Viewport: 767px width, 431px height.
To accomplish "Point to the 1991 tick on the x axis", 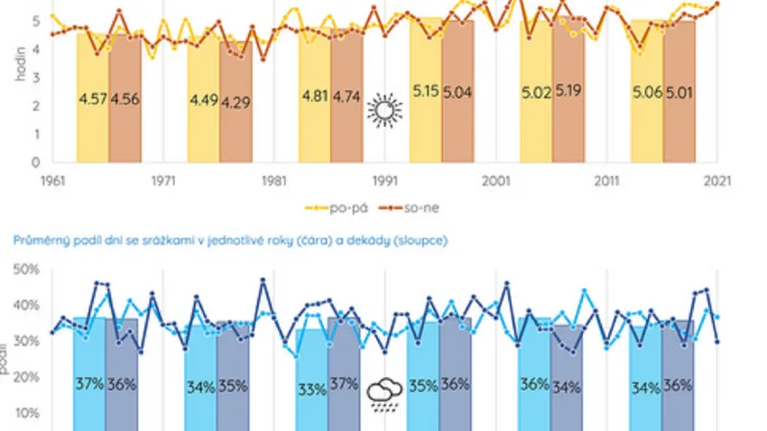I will (384, 180).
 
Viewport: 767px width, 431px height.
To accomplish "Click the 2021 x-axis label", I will (717, 180).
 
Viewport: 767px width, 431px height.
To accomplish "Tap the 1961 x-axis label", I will (52, 180).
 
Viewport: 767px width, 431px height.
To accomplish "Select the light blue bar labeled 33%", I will (313, 389).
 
